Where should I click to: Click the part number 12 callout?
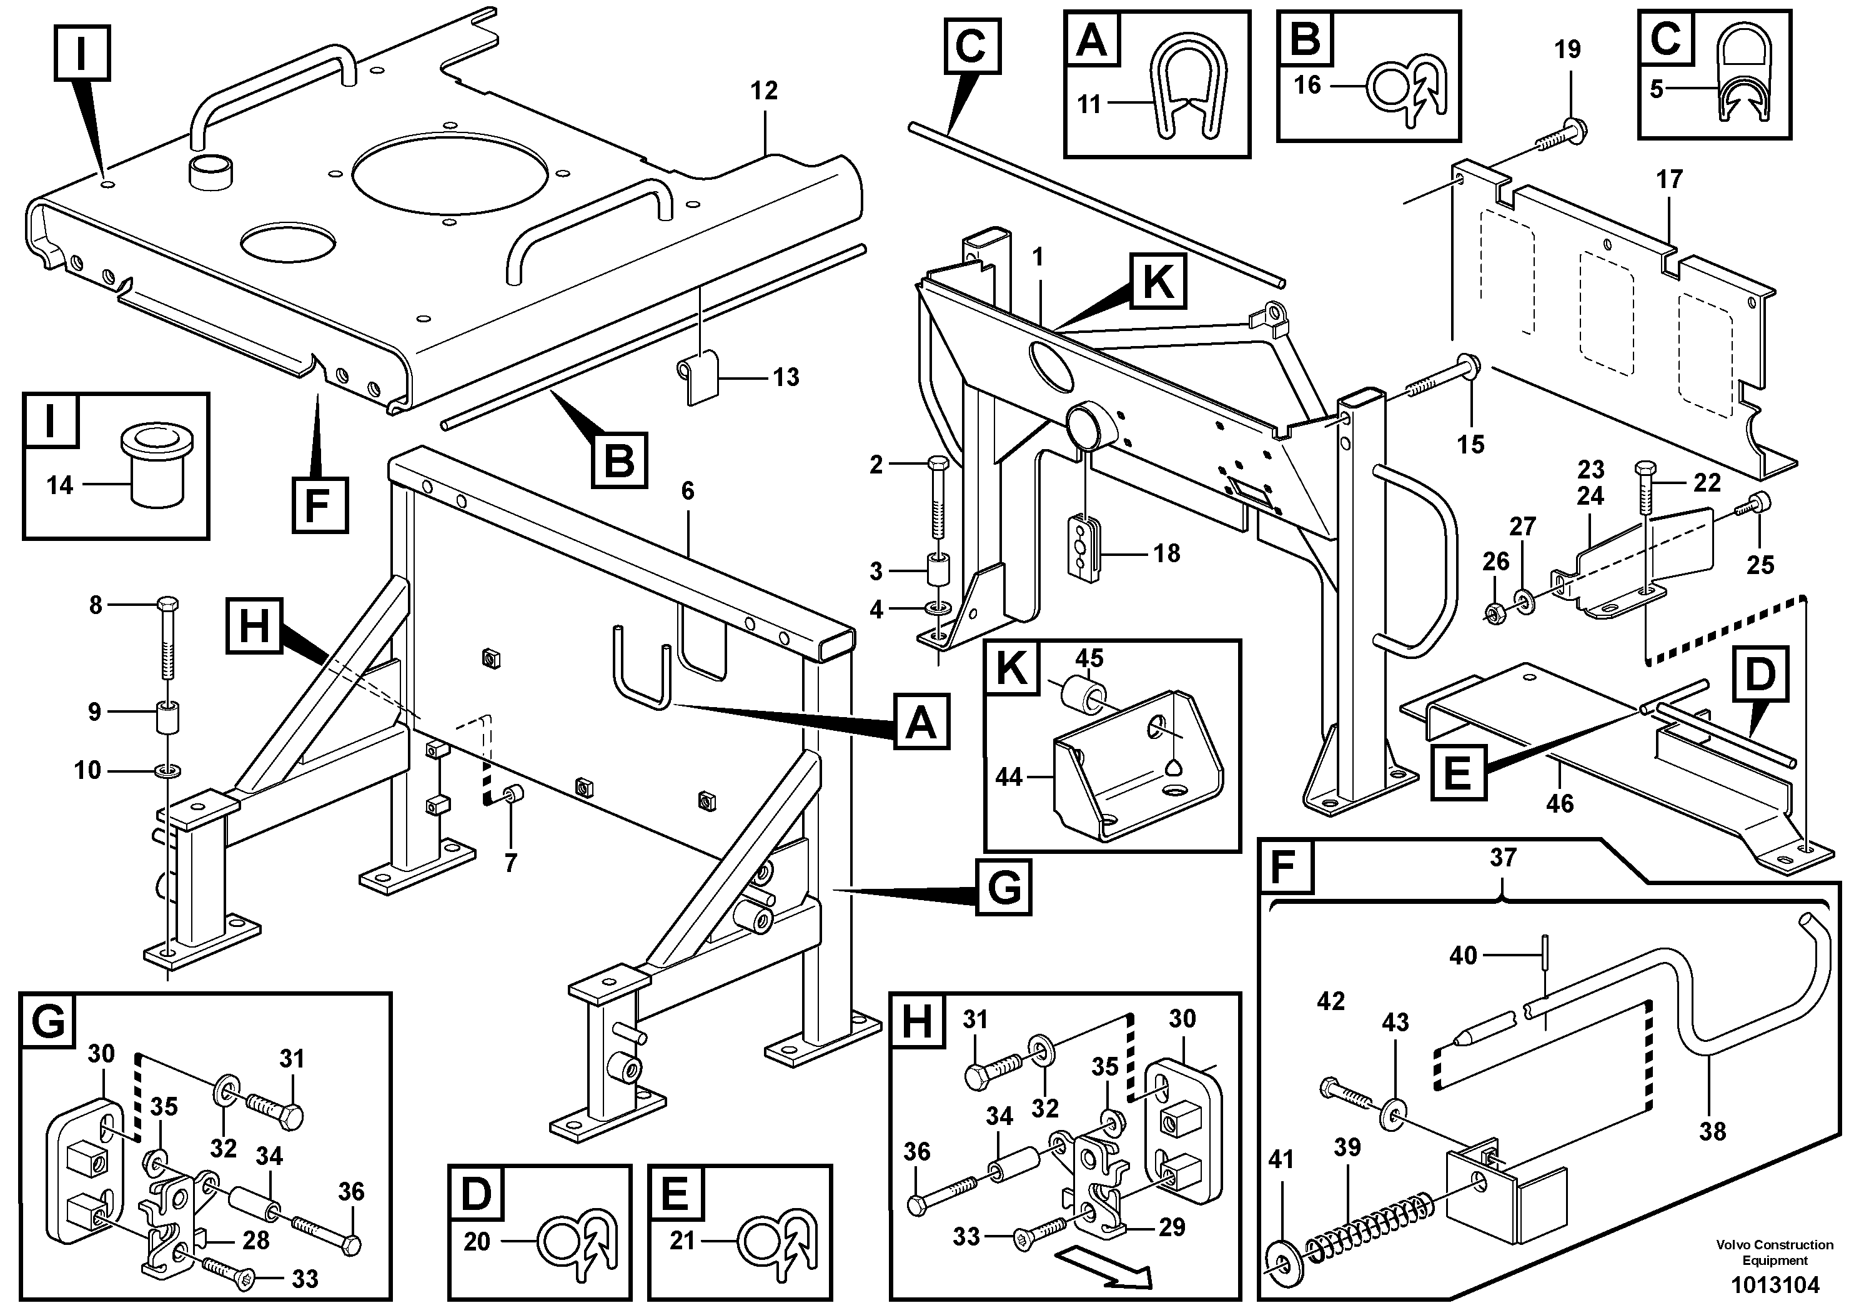coord(763,91)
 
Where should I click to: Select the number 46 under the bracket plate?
coord(1559,804)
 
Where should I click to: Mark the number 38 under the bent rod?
coord(1712,1131)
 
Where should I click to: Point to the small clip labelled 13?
coord(698,377)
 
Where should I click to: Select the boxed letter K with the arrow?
coord(1158,282)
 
